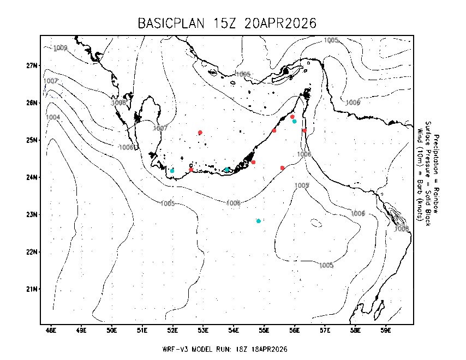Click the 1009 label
pos(60,48)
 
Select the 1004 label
pos(53,117)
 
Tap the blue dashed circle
pos(54,89)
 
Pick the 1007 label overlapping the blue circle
pos(51,81)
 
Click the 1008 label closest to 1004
pos(119,103)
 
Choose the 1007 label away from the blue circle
pos(160,128)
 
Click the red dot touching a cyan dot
pos(292,117)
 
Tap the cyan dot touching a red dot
pos(295,121)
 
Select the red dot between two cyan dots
pos(191,170)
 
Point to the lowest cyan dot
pos(259,221)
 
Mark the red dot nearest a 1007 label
pos(200,133)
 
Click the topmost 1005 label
pos(331,40)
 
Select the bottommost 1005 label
pos(326,265)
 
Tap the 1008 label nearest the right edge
pos(402,229)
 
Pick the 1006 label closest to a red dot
pos(304,154)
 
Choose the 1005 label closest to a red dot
pos(302,185)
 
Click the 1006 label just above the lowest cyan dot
pos(234,203)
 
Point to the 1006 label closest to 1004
pos(126,147)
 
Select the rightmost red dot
pos(304,131)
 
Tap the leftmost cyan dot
pos(172,171)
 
